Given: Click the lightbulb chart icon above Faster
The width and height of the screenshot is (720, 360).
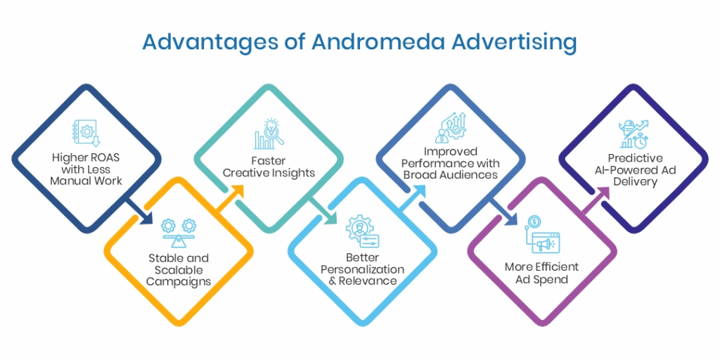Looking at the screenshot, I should (x=269, y=134).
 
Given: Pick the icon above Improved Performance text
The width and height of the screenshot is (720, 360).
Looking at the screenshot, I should (x=450, y=127).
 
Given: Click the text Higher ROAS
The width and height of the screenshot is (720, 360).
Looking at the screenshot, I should (x=86, y=157).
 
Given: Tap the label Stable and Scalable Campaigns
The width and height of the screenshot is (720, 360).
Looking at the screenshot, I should (x=178, y=270).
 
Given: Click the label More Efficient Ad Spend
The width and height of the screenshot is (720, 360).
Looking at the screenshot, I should (x=541, y=273).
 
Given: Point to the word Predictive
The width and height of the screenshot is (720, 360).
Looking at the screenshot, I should (x=635, y=158).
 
